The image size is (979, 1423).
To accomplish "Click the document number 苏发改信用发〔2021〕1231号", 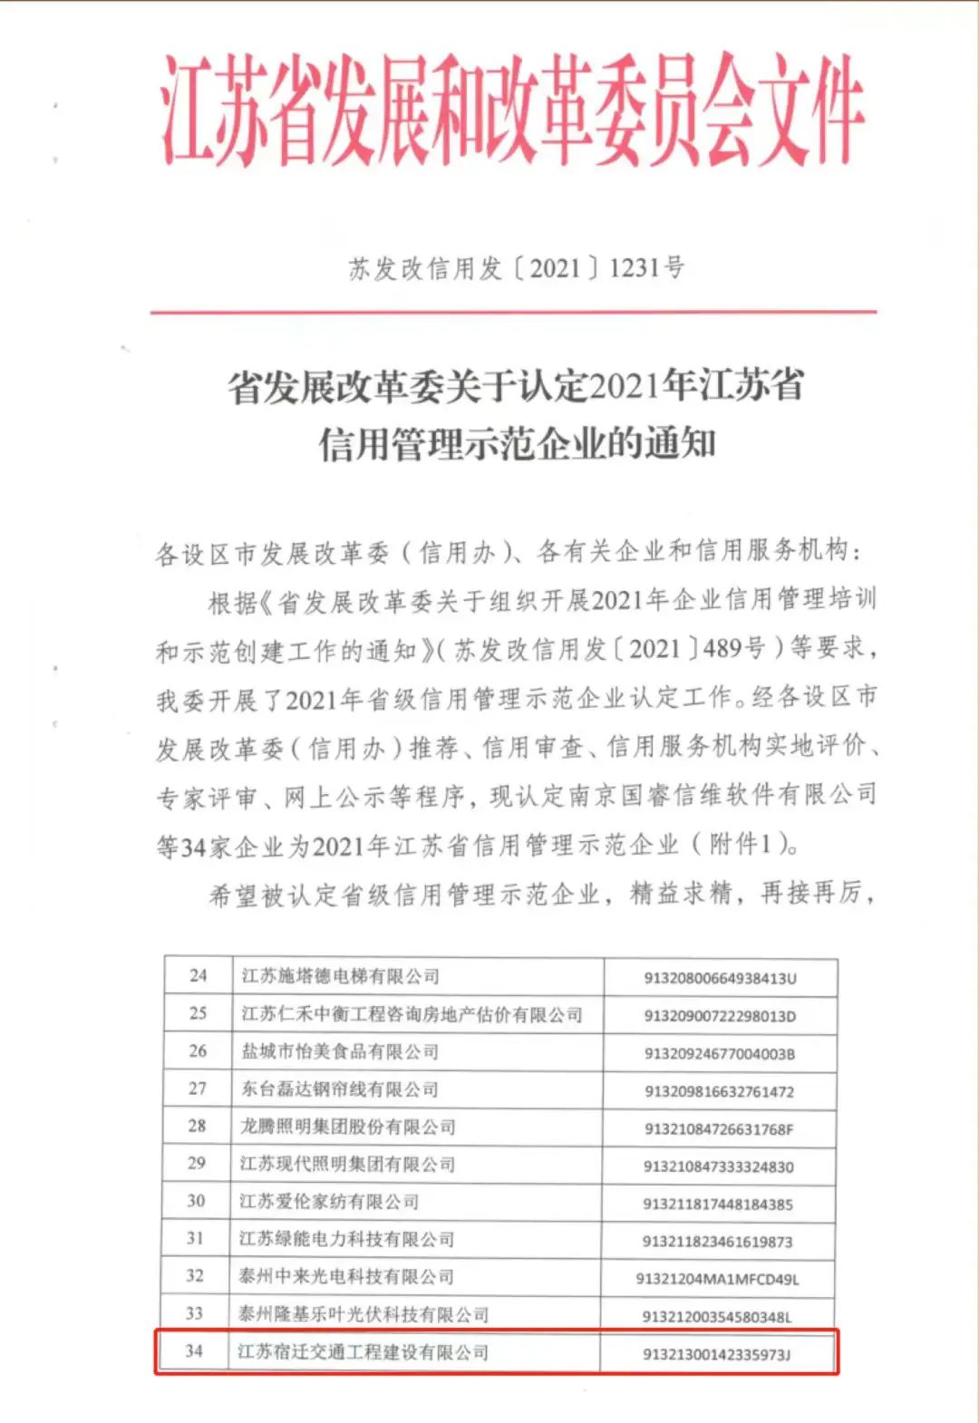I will (516, 268).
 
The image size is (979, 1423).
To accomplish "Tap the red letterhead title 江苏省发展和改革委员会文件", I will (512, 111).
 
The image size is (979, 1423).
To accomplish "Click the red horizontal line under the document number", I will (513, 312).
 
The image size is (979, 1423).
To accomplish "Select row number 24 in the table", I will (198, 976).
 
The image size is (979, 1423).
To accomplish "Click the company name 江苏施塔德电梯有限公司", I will (340, 976).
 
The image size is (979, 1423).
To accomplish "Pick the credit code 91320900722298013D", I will (720, 1016).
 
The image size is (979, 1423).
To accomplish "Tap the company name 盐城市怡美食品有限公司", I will (340, 1051).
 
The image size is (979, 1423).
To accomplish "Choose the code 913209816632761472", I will (719, 1091).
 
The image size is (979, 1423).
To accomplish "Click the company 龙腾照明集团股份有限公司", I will (348, 1127).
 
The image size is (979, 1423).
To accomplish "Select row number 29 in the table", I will (197, 1164).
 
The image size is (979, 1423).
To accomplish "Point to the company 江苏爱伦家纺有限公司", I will (330, 1202).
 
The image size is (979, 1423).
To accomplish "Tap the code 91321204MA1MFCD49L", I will (718, 1280).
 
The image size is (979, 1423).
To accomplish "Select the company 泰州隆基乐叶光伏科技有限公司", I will (363, 1314).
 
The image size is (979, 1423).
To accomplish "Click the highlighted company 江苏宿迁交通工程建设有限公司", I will (363, 1352).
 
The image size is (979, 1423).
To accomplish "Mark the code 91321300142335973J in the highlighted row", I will (717, 1355).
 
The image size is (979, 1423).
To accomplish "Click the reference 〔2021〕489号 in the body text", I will (692, 648).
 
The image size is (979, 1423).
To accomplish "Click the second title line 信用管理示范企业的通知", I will (517, 443).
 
